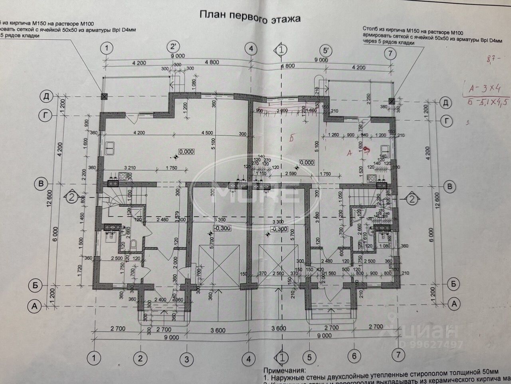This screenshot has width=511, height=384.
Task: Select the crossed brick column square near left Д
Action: pos(105,96)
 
